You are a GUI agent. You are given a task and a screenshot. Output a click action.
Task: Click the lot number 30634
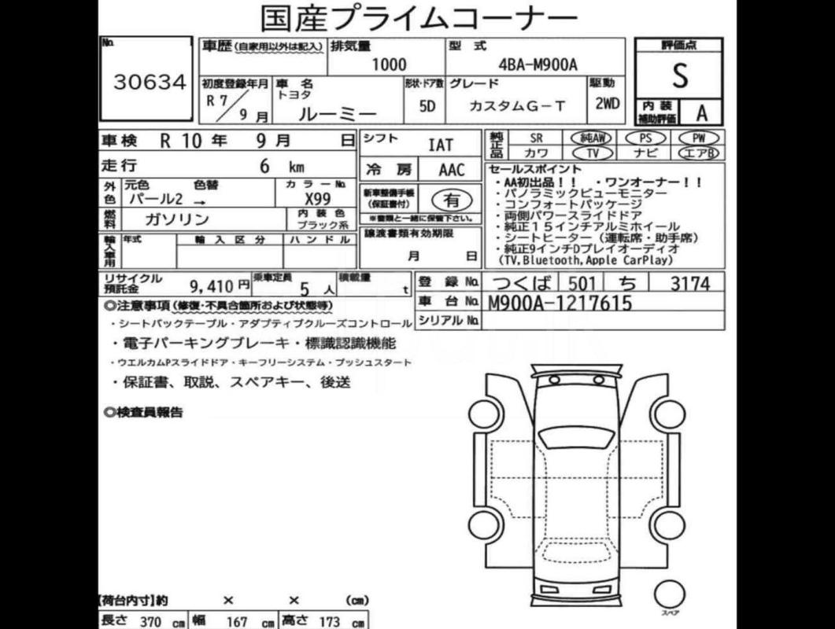click(x=150, y=83)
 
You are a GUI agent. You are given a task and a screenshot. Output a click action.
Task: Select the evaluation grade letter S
click(x=679, y=76)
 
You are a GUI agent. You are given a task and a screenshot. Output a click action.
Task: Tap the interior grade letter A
click(x=701, y=112)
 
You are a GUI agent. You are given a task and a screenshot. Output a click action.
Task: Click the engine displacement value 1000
click(x=389, y=66)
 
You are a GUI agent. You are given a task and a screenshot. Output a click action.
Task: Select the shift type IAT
click(x=440, y=145)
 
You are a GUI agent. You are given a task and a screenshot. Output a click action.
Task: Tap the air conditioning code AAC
click(x=452, y=170)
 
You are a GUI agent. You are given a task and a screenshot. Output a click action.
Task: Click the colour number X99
click(x=317, y=200)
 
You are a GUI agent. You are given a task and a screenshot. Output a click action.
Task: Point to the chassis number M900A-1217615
click(x=560, y=302)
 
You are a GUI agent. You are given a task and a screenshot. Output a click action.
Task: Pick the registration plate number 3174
click(x=689, y=283)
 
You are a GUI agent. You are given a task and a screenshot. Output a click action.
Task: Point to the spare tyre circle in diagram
click(x=670, y=595)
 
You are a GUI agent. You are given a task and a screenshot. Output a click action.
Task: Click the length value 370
click(x=150, y=621)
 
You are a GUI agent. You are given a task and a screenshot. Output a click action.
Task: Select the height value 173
click(x=330, y=621)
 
